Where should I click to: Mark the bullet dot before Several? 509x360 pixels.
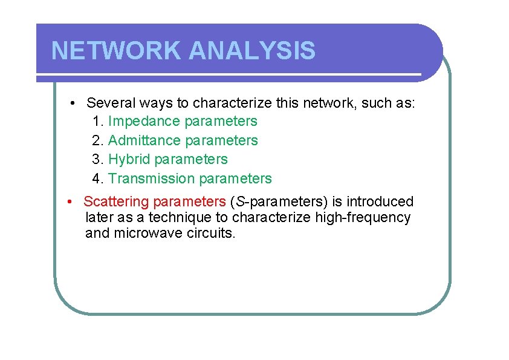(x=72, y=103)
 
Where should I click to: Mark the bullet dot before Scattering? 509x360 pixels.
(x=71, y=201)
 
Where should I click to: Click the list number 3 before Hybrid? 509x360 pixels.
(x=97, y=160)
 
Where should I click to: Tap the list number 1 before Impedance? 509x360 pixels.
(x=97, y=122)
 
